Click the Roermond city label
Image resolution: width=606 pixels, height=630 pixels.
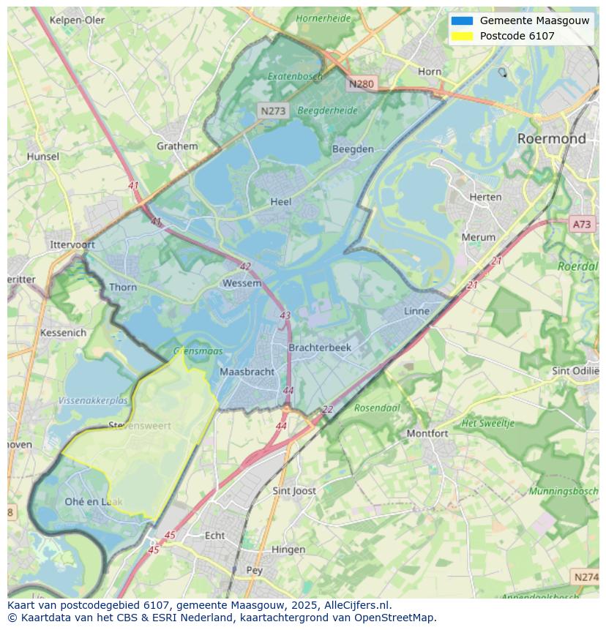tap(551, 138)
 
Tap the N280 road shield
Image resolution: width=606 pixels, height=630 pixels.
tap(361, 84)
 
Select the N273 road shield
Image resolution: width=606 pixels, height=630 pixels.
tap(273, 110)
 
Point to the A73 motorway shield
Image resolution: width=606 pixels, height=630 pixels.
tap(582, 225)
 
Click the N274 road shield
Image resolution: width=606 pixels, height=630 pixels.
tap(586, 577)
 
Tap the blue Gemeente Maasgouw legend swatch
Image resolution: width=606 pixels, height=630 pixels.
tap(462, 21)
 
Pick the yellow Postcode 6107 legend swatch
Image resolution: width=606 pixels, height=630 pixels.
tap(462, 36)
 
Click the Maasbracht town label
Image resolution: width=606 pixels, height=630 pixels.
tap(247, 372)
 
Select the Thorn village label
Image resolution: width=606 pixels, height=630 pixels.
tap(122, 287)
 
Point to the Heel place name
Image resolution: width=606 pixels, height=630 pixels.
tap(280, 202)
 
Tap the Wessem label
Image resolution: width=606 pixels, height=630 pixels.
tap(242, 283)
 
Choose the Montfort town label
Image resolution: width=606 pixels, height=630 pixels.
tap(427, 433)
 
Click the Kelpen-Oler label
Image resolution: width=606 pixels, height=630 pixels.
tap(77, 20)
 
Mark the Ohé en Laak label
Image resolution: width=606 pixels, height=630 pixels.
tap(93, 502)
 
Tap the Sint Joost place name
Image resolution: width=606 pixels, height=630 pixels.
tap(293, 491)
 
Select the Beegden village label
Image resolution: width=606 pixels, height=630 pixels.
tap(353, 149)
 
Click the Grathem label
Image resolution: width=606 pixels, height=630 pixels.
tap(177, 146)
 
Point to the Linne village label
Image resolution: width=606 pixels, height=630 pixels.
tap(416, 311)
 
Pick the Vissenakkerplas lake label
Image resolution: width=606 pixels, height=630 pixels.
tap(93, 401)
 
